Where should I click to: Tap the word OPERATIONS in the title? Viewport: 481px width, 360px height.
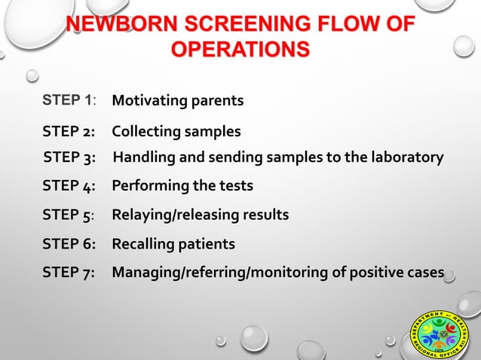pyautogui.click(x=240, y=50)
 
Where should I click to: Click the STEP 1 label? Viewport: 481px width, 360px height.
pyautogui.click(x=70, y=99)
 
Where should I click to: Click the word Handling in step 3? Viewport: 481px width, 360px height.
pyautogui.click(x=145, y=157)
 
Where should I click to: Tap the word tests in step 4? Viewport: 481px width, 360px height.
pyautogui.click(x=235, y=185)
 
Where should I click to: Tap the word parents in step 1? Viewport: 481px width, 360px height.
pyautogui.click(x=217, y=100)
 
